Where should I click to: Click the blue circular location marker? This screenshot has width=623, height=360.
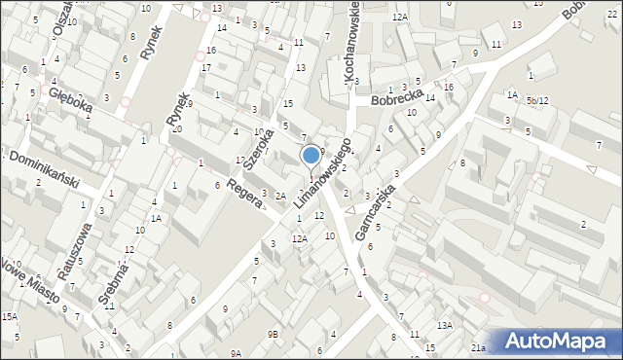pos(311,155)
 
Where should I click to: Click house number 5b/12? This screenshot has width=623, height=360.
pos(538,100)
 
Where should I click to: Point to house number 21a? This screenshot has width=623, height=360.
pos(478,346)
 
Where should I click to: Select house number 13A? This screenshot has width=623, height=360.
pos(445,325)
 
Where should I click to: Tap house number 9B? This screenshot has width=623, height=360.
pos(273,334)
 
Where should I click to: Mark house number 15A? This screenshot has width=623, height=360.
pos(9,316)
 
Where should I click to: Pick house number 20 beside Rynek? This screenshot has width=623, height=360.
pos(176,128)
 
